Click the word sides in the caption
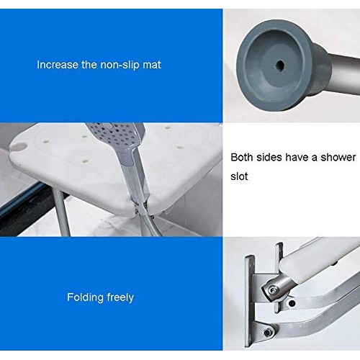(x=272, y=157)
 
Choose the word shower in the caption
(x=338, y=157)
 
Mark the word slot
(x=240, y=176)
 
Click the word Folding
(x=84, y=297)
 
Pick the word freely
(x=119, y=297)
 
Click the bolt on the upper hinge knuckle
(x=274, y=290)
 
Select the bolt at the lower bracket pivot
(x=268, y=332)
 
